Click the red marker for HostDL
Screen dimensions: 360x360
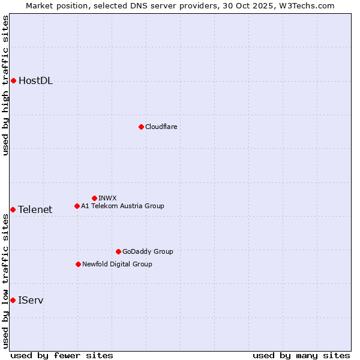[x=13, y=80]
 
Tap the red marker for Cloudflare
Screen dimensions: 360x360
[x=141, y=127]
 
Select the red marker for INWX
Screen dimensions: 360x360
[x=94, y=198]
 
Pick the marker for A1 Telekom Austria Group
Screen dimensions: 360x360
[x=77, y=206]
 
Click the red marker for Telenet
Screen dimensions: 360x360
[x=13, y=209]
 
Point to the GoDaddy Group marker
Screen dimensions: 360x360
[x=118, y=251]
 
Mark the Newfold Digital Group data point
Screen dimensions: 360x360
[x=78, y=264]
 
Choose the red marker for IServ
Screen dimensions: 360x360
[x=13, y=300]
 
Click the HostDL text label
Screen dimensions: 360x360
[x=35, y=81]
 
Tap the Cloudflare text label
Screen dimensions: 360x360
[x=161, y=127]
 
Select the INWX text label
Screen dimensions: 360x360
[x=107, y=198]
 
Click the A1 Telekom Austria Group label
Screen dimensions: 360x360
[x=122, y=206]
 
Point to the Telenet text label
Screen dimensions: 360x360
[x=35, y=209]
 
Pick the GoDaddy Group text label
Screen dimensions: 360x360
[x=148, y=251]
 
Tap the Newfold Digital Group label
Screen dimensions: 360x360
[x=117, y=264]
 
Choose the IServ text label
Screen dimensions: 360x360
[x=31, y=300]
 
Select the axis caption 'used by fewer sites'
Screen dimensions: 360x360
[x=62, y=355]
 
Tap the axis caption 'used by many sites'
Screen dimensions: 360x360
[x=301, y=355]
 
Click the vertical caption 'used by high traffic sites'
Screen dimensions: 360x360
[x=5, y=86]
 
